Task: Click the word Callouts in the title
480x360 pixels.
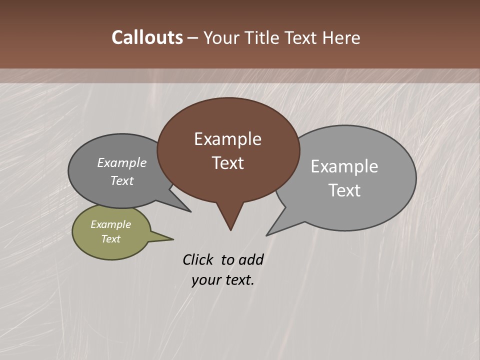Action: click(147, 37)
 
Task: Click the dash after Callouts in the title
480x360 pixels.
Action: click(193, 38)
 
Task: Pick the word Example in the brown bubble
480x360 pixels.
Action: click(227, 139)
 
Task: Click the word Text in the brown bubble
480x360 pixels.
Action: click(227, 163)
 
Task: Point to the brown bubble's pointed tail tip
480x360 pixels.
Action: click(230, 230)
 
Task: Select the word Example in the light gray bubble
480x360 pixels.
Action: click(344, 166)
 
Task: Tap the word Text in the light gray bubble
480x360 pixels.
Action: click(344, 190)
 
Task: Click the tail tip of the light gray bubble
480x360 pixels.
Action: click(267, 235)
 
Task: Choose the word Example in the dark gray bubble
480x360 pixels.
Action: click(121, 162)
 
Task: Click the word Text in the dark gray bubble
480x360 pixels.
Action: click(121, 180)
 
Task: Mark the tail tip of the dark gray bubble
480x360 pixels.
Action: click(190, 211)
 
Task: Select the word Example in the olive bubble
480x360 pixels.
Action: click(110, 224)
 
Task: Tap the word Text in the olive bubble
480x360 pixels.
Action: click(110, 239)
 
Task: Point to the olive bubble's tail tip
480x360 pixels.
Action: click(173, 239)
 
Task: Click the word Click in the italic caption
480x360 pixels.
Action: click(197, 259)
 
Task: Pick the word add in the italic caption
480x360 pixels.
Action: click(251, 259)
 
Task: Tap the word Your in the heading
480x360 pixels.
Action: click(221, 37)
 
